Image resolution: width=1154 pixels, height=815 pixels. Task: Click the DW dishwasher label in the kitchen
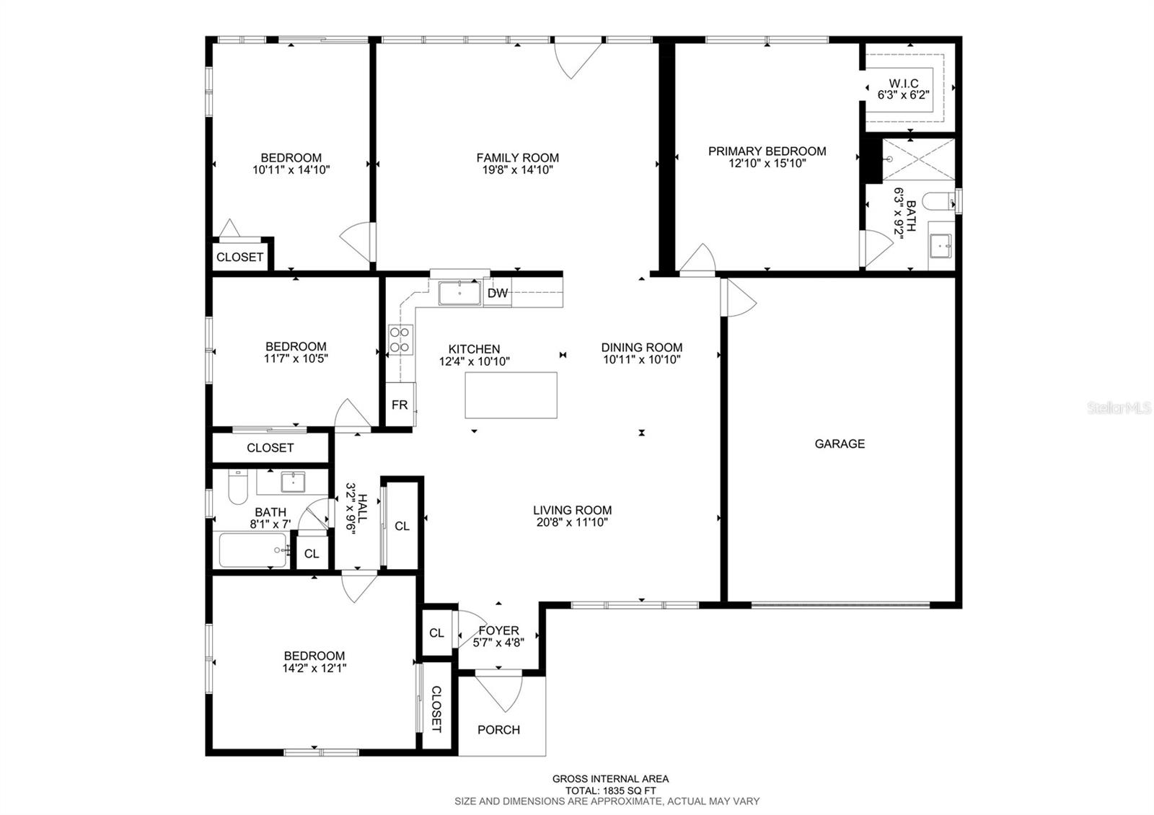pos(497,293)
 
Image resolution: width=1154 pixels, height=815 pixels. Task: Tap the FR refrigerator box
pos(400,405)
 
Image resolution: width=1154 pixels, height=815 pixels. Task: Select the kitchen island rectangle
pos(511,395)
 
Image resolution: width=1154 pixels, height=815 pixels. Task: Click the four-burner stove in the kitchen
pos(400,340)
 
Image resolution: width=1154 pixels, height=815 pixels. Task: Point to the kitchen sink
pos(459,293)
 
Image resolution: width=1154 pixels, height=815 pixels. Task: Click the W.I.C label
pos(904,84)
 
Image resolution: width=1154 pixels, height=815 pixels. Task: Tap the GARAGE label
pos(840,444)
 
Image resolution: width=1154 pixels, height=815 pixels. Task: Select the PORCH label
pos(498,729)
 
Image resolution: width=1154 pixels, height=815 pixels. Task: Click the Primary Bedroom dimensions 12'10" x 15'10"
pos(767,163)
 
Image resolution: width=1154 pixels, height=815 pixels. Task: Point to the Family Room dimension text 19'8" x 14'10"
pos(517,170)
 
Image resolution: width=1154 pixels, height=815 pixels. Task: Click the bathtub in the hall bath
pos(253,550)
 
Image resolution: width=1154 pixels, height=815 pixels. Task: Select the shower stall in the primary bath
pos(919,159)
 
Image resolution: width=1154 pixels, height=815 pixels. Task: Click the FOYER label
pos(498,630)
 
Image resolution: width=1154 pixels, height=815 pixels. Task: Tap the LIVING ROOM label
pos(573,510)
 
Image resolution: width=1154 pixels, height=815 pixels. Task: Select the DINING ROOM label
pos(642,347)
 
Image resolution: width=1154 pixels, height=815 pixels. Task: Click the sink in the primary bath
pos(941,245)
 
